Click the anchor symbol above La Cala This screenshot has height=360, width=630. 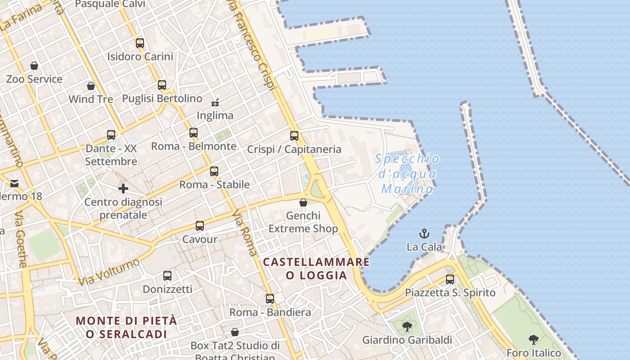pos(424,234)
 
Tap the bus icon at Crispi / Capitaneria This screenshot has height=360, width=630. pos(294,135)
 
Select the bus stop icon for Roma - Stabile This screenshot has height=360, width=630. pos(214,171)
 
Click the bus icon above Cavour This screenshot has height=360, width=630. pos(200,226)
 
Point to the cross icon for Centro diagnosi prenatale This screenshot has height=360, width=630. pos(123,188)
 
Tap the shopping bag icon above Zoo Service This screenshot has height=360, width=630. pos(34,66)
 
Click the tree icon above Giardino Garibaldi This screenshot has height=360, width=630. pos(407,326)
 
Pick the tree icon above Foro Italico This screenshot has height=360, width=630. pos(534,339)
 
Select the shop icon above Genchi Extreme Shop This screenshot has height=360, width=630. pos(303,202)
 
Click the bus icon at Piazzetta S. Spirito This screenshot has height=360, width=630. pos(450,279)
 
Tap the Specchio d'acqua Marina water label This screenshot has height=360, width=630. pos(407,174)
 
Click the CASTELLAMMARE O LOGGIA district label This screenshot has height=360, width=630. pos(316,268)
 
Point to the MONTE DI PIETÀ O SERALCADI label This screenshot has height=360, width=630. pos(126,327)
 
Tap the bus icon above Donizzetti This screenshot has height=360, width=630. pos(167,276)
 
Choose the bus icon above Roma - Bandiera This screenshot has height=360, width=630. pos(270,299)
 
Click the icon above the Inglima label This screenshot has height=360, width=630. pos(215,102)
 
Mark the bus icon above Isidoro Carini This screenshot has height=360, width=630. pos(140,43)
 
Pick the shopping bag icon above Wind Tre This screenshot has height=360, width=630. pos(91,86)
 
